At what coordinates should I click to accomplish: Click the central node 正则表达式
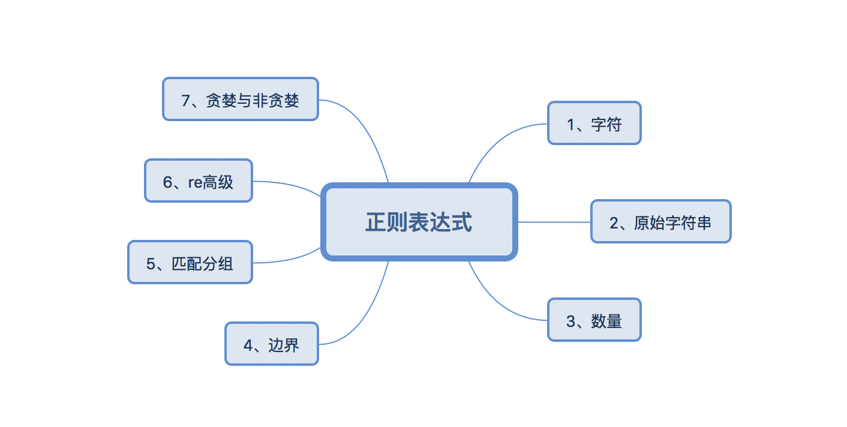point(419,222)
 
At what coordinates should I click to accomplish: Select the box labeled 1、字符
point(594,123)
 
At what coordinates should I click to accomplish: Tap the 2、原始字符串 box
point(660,221)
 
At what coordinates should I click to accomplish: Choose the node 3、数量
point(594,320)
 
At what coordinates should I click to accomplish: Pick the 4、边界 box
point(272,344)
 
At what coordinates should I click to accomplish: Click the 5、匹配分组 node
point(190,262)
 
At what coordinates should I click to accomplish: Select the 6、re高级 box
point(199,181)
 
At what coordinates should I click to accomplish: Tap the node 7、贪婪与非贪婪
point(241,99)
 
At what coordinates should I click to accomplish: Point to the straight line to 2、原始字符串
point(554,222)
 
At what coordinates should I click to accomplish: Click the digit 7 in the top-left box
point(185,101)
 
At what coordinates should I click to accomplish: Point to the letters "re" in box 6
point(196,183)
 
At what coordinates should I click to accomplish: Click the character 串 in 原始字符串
point(704,223)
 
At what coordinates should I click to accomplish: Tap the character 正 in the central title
point(376,222)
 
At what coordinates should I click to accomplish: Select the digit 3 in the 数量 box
point(570,321)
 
